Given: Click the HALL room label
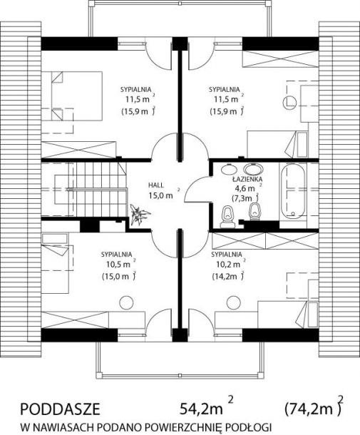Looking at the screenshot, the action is (x=156, y=185).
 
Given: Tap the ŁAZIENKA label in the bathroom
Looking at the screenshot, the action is (x=247, y=180).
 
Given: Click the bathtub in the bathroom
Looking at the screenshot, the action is (x=292, y=191).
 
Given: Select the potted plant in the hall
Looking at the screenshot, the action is (x=140, y=214).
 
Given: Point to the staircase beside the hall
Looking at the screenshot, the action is (x=84, y=189).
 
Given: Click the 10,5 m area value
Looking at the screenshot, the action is (x=118, y=265).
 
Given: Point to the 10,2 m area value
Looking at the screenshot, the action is (x=228, y=265).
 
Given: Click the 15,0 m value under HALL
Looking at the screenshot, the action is (x=160, y=195).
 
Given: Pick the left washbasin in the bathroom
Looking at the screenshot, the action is (x=228, y=169).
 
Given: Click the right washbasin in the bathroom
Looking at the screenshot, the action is (x=253, y=169).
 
